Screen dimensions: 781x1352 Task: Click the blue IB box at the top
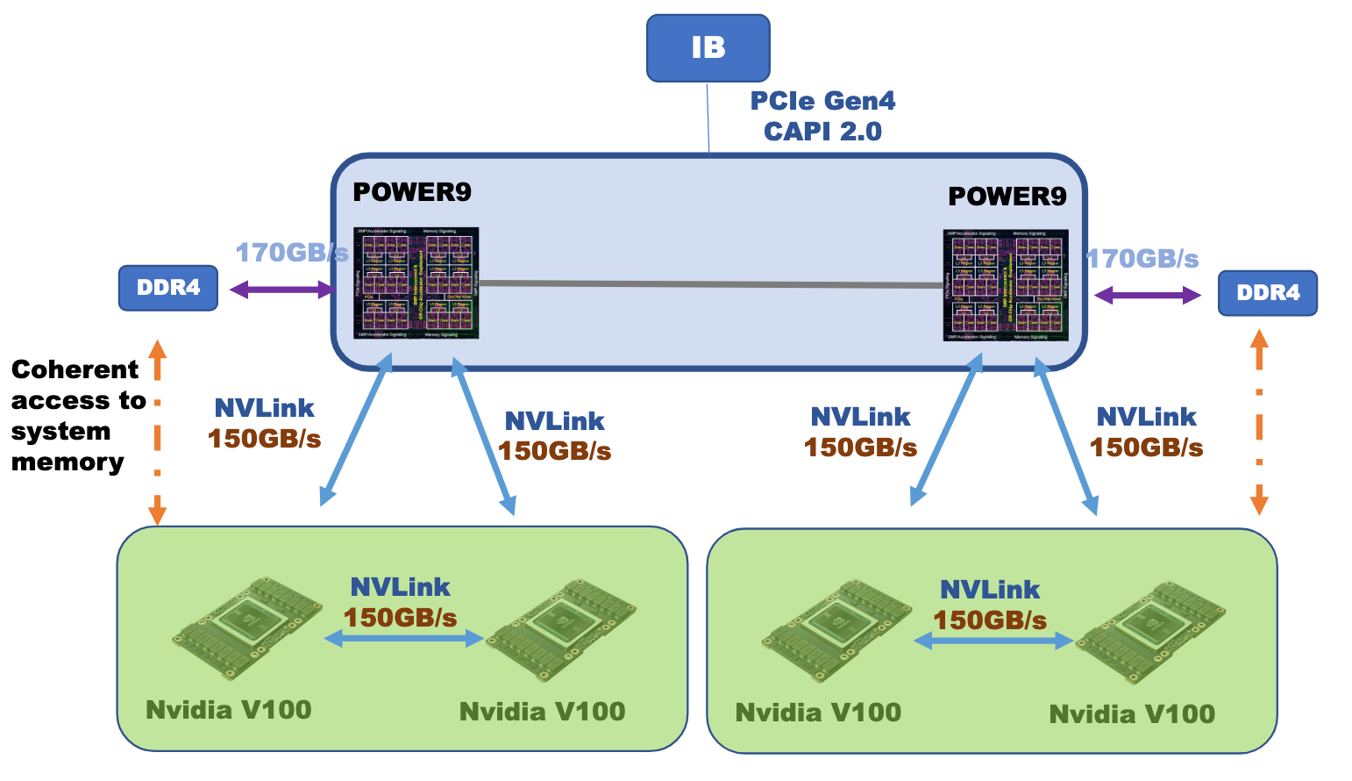[x=708, y=48]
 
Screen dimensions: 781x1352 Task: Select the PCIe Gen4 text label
[x=822, y=101]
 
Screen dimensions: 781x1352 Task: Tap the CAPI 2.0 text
[x=822, y=132]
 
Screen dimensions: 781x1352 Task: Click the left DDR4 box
[x=168, y=288]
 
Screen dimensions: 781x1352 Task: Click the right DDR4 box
[x=1267, y=293]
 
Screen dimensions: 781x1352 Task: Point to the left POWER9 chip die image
[x=416, y=283]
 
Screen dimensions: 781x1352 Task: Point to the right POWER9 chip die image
[x=1006, y=285]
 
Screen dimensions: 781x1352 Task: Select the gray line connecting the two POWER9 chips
[x=710, y=283]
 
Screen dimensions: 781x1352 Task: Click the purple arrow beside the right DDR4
[x=1147, y=296]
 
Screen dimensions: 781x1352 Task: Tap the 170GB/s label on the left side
[x=291, y=253]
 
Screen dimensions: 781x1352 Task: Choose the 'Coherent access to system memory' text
[x=77, y=416]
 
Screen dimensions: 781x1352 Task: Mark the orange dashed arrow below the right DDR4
[x=1259, y=421]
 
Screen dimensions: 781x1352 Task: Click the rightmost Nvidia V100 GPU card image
[x=1150, y=632]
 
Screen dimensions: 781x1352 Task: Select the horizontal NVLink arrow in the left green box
[x=403, y=639]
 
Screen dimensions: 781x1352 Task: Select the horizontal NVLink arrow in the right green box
[x=993, y=641]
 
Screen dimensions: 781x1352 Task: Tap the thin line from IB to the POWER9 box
[x=708, y=118]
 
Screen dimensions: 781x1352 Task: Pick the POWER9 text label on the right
[x=1007, y=197]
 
